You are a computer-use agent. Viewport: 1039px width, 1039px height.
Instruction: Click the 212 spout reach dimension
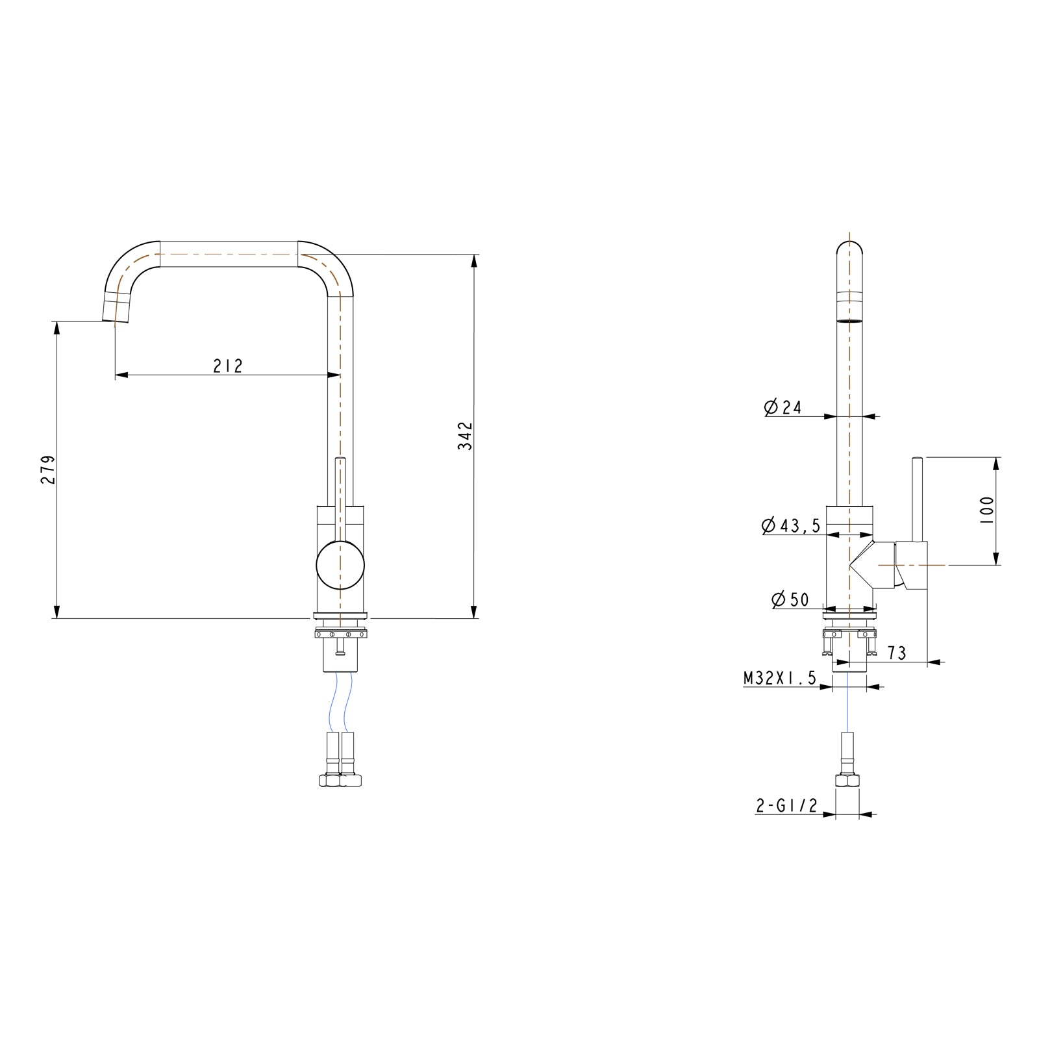228,366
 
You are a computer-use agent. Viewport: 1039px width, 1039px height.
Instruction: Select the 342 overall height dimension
465,436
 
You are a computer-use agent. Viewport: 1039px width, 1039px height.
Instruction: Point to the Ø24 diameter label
783,407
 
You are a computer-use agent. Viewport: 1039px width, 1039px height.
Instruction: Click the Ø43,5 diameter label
790,525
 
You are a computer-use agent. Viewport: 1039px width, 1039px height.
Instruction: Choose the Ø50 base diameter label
790,599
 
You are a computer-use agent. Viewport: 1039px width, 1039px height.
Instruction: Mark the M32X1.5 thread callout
779,679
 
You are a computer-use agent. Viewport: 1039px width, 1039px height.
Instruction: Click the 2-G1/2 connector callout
786,806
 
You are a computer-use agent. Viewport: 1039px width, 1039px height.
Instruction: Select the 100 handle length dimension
986,510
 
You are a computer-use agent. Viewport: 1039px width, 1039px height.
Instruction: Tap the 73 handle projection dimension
897,653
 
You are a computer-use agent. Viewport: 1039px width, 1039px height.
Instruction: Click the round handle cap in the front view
340,565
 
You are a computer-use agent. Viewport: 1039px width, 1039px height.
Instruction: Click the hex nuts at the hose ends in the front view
340,780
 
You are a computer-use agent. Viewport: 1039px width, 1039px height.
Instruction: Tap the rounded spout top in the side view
849,250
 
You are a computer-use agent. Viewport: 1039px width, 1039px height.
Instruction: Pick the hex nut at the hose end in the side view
847,781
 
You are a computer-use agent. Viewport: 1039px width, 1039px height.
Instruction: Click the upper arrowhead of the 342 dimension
474,260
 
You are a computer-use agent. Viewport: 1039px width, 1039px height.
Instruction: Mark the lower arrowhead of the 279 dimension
56,612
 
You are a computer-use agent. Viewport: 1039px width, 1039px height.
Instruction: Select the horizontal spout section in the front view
229,253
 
